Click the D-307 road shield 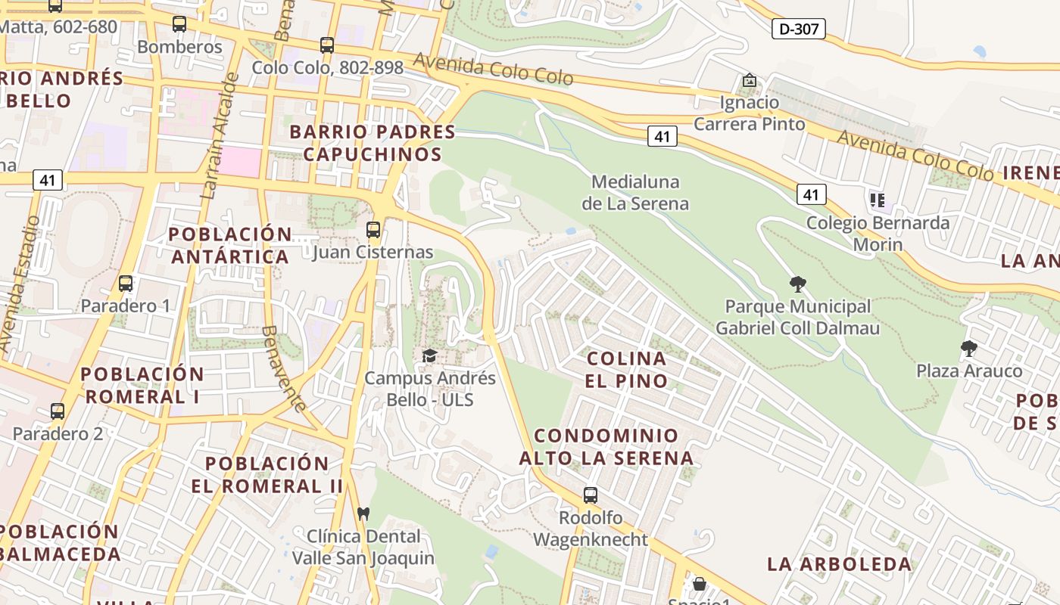pos(798,29)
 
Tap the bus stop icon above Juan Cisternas pos(373,229)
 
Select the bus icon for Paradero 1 pos(126,284)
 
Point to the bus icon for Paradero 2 pos(58,411)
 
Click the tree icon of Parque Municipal pos(797,284)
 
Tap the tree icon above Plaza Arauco pos(968,349)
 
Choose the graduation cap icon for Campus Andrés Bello pos(429,355)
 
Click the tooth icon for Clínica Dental pos(363,513)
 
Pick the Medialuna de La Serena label pos(635,193)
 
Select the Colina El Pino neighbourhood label pos(626,369)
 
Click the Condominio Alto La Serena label pos(606,446)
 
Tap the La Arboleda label pos(839,563)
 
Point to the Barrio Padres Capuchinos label pos(373,143)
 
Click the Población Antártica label pos(230,245)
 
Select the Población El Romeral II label pos(267,474)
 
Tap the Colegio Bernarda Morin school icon pos(878,200)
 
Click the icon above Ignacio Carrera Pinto pos(749,80)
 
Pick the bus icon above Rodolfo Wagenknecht pos(591,495)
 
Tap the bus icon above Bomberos pos(179,24)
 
